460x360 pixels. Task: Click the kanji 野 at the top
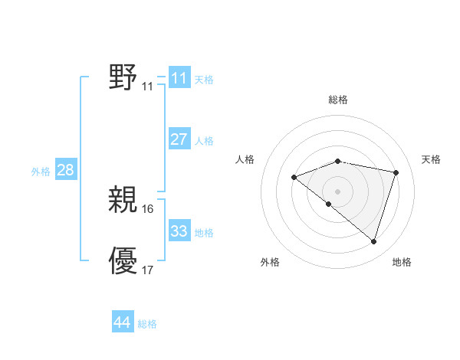(123, 77)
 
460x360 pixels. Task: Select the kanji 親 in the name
(123, 201)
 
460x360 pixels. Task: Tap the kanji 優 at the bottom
(123, 260)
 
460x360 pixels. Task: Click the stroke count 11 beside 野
(147, 87)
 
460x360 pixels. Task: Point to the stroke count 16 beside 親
(148, 209)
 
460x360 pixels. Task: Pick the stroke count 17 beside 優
(148, 270)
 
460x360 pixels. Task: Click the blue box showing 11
(179, 78)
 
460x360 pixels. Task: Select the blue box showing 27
(179, 139)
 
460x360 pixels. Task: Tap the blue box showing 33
(179, 231)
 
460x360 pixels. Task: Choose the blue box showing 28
(65, 170)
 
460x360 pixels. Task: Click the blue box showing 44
(122, 322)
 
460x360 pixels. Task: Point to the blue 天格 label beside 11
(204, 80)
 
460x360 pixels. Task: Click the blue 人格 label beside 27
(204, 141)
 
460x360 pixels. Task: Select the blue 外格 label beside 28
(41, 172)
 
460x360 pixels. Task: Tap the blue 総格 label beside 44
(147, 324)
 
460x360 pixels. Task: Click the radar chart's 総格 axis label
(338, 100)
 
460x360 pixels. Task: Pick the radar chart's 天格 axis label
(431, 159)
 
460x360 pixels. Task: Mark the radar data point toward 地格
(373, 242)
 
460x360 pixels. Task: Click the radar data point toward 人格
(294, 178)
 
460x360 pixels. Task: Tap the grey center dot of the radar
(337, 191)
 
